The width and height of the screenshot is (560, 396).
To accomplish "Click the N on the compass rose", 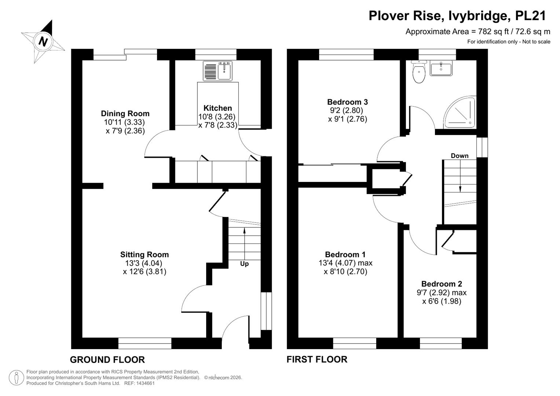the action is (x=43, y=41).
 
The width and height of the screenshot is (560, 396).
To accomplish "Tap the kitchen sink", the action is (x=218, y=71).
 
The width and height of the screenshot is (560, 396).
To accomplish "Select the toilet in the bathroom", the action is (x=419, y=71).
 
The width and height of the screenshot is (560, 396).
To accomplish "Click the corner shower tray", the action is (x=460, y=112).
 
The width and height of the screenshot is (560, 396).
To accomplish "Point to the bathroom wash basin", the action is (x=441, y=68).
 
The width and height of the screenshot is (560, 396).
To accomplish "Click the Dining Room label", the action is (x=125, y=114).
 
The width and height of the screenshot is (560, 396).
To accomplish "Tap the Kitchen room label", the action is (x=217, y=108).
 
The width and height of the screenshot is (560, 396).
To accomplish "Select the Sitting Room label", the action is (x=144, y=254).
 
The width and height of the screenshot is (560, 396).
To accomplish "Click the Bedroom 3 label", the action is (x=348, y=102).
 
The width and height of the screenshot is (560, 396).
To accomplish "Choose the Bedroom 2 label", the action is (x=442, y=284).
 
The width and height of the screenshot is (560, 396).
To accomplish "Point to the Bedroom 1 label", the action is (x=345, y=254).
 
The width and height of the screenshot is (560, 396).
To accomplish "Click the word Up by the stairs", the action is (x=244, y=264).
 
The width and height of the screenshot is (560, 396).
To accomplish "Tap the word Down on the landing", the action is (x=460, y=156).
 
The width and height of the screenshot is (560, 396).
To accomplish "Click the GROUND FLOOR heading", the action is (x=107, y=360).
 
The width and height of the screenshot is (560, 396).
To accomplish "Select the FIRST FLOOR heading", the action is (x=317, y=359).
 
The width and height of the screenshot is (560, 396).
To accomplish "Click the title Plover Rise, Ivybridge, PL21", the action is (x=457, y=16).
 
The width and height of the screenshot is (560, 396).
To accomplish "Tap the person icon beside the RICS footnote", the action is (x=16, y=378).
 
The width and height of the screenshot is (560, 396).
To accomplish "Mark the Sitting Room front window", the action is (x=145, y=343).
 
